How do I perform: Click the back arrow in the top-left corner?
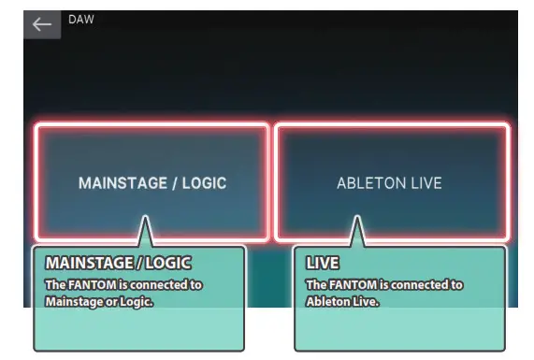(x=41, y=24)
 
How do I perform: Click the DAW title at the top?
(x=81, y=19)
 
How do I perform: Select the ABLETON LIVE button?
(x=390, y=183)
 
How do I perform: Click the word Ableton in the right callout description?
(x=328, y=301)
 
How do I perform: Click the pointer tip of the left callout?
(x=144, y=218)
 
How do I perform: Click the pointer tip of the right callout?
(x=356, y=218)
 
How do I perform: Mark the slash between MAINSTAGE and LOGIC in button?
(x=172, y=183)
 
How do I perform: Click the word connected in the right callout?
(x=419, y=284)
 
